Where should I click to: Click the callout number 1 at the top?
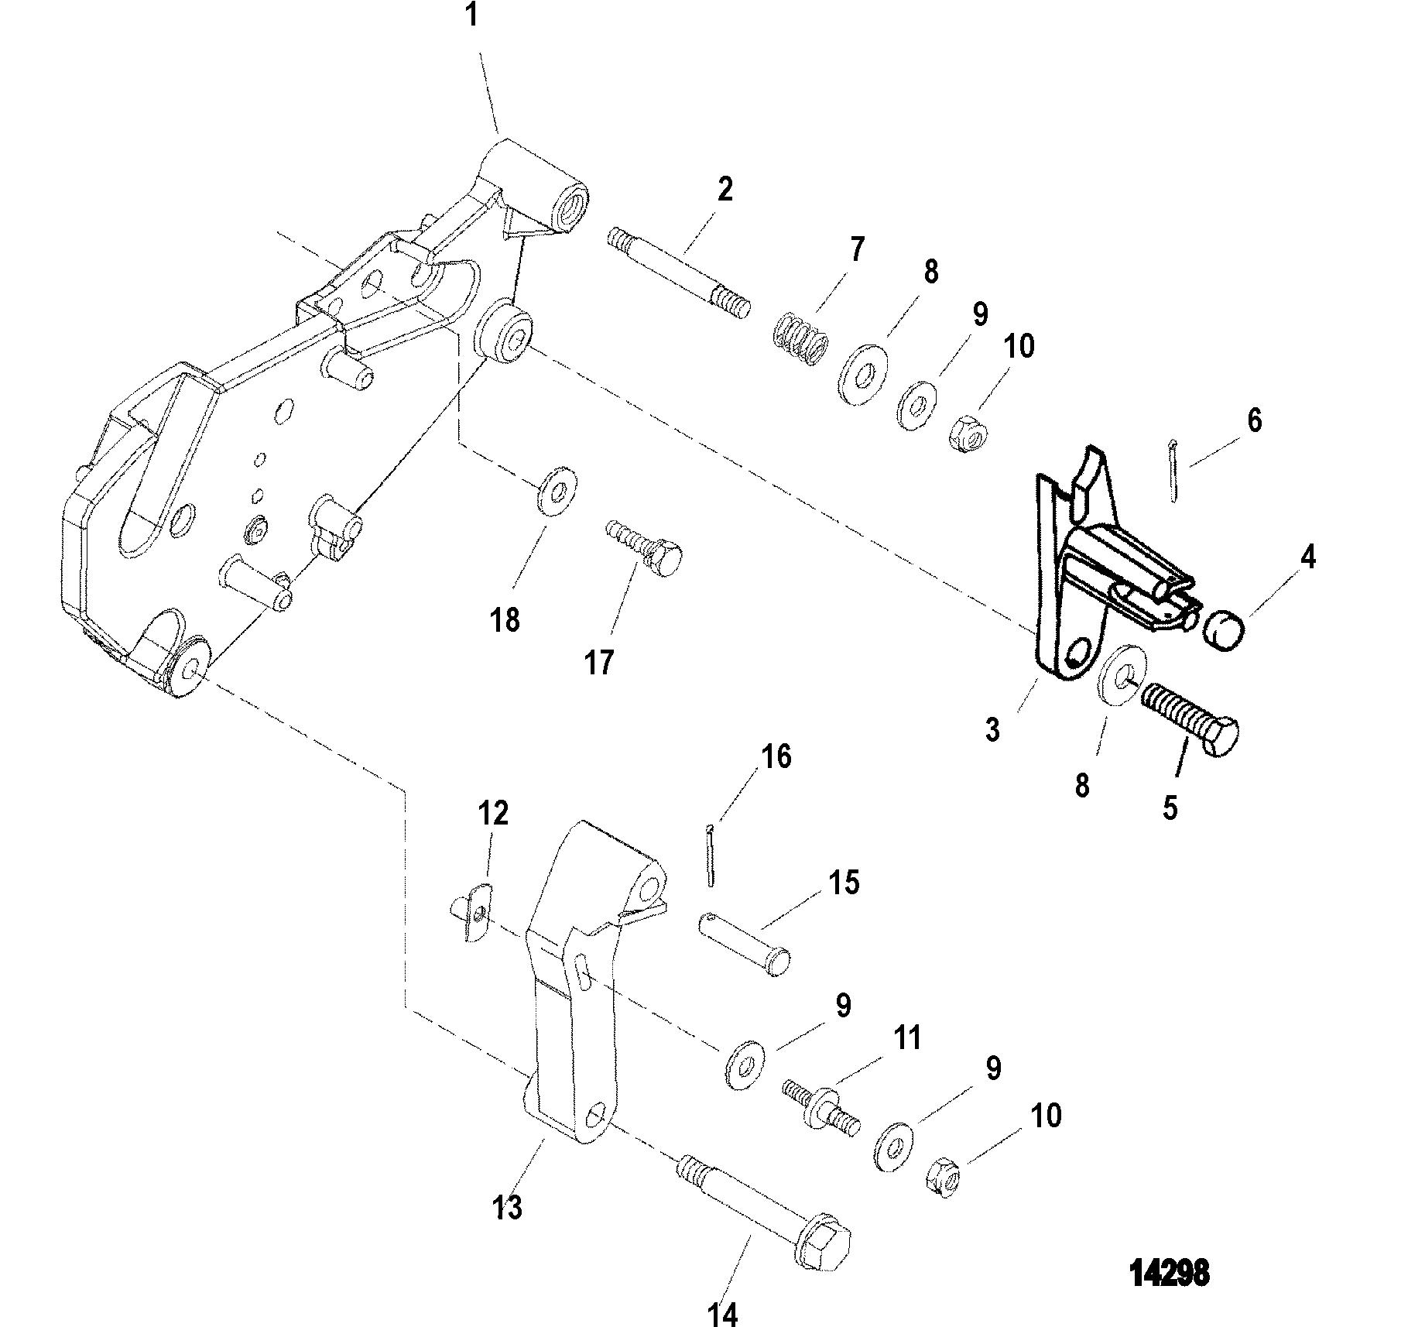[x=471, y=15]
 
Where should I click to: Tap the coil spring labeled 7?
[x=800, y=336]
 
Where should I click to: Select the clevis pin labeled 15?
[x=746, y=944]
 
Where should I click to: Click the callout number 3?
[x=992, y=729]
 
